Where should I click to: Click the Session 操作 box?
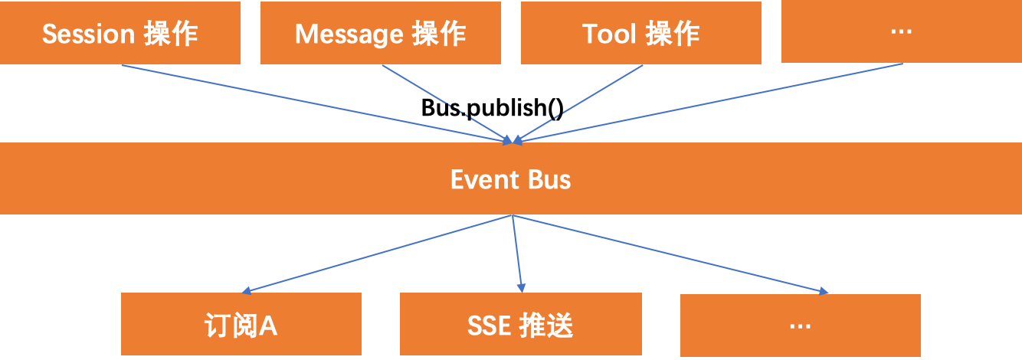coord(120,33)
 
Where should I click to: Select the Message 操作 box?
coord(381,33)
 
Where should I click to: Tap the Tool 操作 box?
coord(641,33)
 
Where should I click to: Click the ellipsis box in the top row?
coord(902,31)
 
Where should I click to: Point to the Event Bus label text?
coord(510,179)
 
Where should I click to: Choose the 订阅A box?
coord(241,325)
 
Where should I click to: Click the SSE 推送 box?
coord(520,325)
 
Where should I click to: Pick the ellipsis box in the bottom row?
coord(801,325)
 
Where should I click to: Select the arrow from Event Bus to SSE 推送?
coord(517,253)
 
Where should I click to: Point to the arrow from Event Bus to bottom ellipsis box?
coord(667,253)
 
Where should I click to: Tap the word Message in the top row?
coord(349,34)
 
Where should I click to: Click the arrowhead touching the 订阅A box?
coord(247,291)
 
